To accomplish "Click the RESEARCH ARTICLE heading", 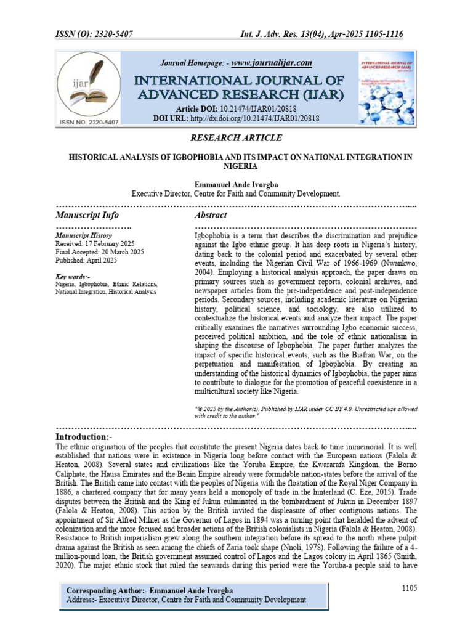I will pyautogui.click(x=236, y=137).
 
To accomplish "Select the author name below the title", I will pyautogui.click(x=236, y=184).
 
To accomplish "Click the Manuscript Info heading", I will pyautogui.click(x=87, y=215).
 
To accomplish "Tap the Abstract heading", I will pyautogui.click(x=211, y=215).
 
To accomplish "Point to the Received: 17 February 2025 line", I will pyautogui.click(x=90, y=243).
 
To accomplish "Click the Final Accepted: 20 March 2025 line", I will pyautogui.click(x=99, y=252).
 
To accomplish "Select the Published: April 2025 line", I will pyautogui.click(x=86, y=260).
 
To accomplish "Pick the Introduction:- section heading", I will pyautogui.click(x=91, y=437).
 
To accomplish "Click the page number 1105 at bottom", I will pyautogui.click(x=409, y=588).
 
